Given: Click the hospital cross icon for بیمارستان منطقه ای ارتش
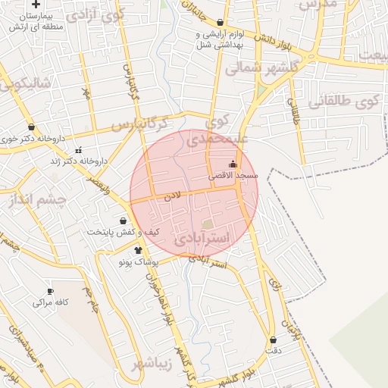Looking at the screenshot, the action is (x=36, y=5).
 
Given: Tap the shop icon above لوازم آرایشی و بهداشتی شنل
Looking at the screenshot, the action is (x=220, y=23).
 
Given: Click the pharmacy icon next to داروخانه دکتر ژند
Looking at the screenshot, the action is (x=78, y=150).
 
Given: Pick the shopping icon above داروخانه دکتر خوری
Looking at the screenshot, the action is (x=31, y=127).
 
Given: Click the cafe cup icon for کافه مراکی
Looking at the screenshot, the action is (x=51, y=291).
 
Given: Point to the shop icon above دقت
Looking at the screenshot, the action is (x=272, y=339).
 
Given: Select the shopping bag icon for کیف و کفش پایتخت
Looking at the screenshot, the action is (x=123, y=220).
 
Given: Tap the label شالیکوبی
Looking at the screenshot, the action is (x=26, y=83).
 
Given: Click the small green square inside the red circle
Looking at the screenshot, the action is (x=208, y=224).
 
